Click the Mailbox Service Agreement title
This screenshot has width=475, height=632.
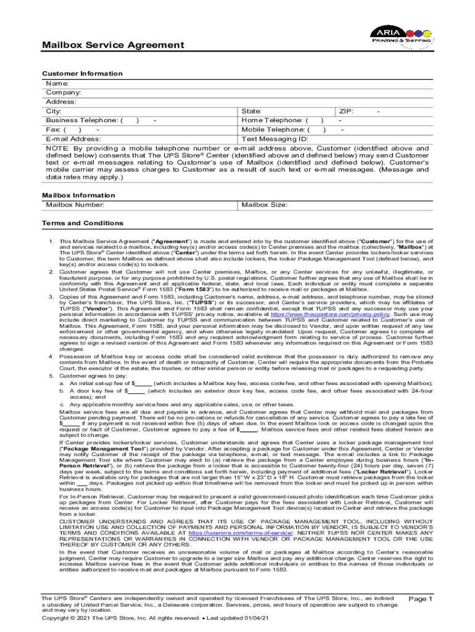coord(112,45)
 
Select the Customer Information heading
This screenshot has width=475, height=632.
coord(82,73)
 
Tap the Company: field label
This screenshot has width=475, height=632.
coord(64,92)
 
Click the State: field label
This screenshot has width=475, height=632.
coord(252,111)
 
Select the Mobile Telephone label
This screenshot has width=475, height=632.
coord(275,130)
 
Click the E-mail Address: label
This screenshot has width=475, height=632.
coord(74,139)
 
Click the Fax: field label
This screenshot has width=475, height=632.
coord(54,130)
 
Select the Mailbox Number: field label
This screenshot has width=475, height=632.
coord(75,204)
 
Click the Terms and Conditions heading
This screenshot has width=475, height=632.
coord(82,223)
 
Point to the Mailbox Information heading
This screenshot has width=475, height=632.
coord(78,195)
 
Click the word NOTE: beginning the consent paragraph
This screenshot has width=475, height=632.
coord(59,149)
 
